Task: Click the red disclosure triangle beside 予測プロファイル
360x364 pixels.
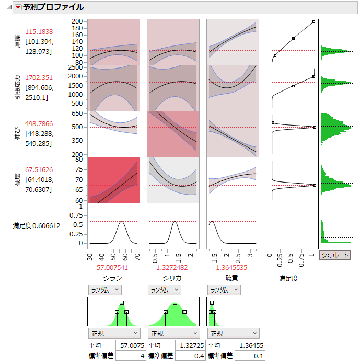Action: (18, 8)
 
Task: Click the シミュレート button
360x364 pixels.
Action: (335, 255)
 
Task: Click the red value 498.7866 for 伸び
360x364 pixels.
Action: (39, 124)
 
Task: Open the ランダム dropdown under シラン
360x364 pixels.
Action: (104, 290)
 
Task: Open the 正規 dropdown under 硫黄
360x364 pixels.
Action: (233, 333)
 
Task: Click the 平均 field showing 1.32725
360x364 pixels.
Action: (187, 345)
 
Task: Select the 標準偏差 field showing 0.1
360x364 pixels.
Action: (246, 356)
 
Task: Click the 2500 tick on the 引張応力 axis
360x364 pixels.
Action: (76, 67)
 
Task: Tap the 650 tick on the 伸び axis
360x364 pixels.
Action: (78, 113)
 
